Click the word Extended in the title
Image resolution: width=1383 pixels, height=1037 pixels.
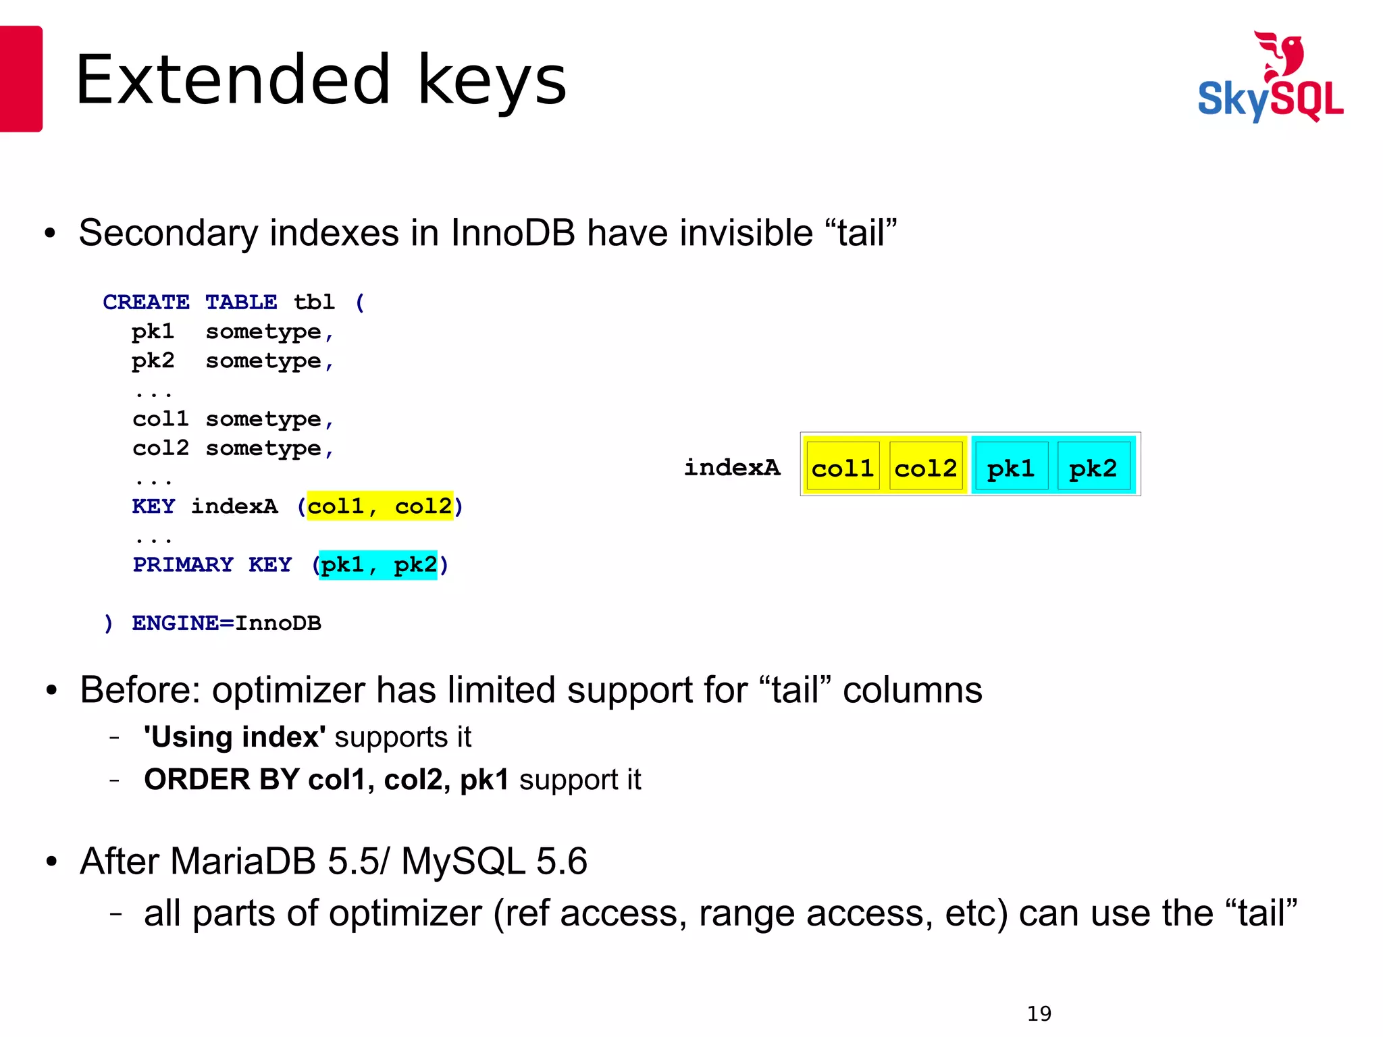(x=233, y=80)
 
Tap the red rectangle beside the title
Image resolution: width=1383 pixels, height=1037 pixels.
(x=21, y=79)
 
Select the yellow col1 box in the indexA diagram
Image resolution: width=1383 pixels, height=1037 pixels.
(x=842, y=467)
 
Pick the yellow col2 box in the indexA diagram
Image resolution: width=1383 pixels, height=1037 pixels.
(x=925, y=467)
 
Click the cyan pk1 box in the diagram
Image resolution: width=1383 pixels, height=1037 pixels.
(x=1010, y=467)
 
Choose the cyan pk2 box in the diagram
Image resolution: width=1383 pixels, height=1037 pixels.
(x=1093, y=467)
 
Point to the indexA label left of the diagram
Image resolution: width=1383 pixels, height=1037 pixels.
(x=731, y=467)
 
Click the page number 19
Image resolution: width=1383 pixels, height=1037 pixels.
(x=1039, y=1013)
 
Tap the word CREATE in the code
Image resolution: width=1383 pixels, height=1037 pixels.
(x=146, y=302)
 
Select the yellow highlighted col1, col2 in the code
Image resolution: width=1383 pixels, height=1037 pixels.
(x=380, y=506)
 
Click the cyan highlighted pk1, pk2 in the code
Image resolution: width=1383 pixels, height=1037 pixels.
(x=378, y=564)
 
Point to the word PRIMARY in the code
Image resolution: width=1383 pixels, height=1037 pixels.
(x=183, y=564)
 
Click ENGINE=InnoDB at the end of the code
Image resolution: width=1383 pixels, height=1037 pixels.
(x=226, y=622)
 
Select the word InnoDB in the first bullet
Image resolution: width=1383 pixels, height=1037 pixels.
(x=513, y=233)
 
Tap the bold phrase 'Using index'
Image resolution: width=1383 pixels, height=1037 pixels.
(x=235, y=737)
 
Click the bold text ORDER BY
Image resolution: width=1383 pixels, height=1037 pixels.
(x=221, y=780)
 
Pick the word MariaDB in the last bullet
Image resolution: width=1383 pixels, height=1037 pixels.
(x=243, y=861)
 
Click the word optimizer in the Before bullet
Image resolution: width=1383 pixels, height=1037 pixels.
(x=288, y=690)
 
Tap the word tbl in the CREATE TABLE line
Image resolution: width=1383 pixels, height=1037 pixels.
(x=314, y=302)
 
